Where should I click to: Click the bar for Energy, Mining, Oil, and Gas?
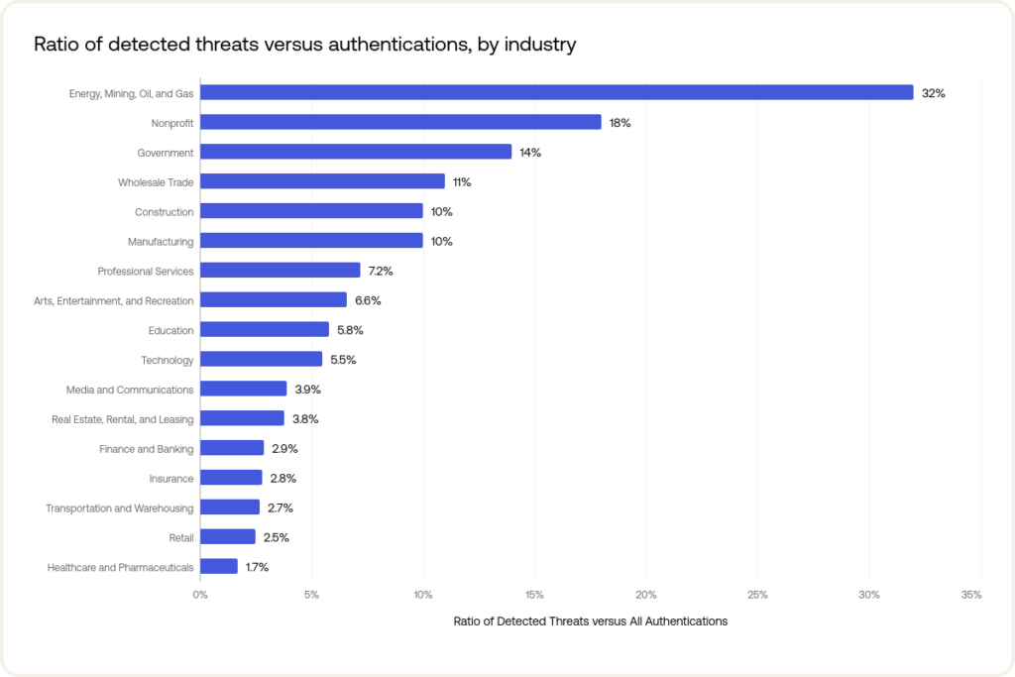pyautogui.click(x=556, y=92)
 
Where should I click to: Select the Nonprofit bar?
pyautogui.click(x=400, y=122)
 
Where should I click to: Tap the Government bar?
pyautogui.click(x=356, y=152)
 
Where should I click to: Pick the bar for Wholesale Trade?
pyautogui.click(x=322, y=181)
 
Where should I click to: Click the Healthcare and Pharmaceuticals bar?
pyautogui.click(x=219, y=567)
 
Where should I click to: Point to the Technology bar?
pyautogui.click(x=261, y=359)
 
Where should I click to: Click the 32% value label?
pyautogui.click(x=934, y=93)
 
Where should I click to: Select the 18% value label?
pyautogui.click(x=620, y=123)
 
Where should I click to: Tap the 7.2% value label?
pyautogui.click(x=382, y=271)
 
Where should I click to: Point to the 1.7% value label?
pyautogui.click(x=257, y=568)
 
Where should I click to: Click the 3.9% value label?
pyautogui.click(x=308, y=390)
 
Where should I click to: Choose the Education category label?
pyautogui.click(x=170, y=330)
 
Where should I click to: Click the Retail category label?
pyautogui.click(x=181, y=538)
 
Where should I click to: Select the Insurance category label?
pyautogui.click(x=171, y=479)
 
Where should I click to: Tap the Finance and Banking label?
pyautogui.click(x=147, y=449)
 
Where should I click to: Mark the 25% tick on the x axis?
pyautogui.click(x=757, y=595)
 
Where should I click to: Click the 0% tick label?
pyautogui.click(x=200, y=595)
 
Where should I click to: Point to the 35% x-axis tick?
pyautogui.click(x=971, y=595)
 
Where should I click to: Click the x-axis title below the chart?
pyautogui.click(x=590, y=621)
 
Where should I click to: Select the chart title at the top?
pyautogui.click(x=305, y=45)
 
